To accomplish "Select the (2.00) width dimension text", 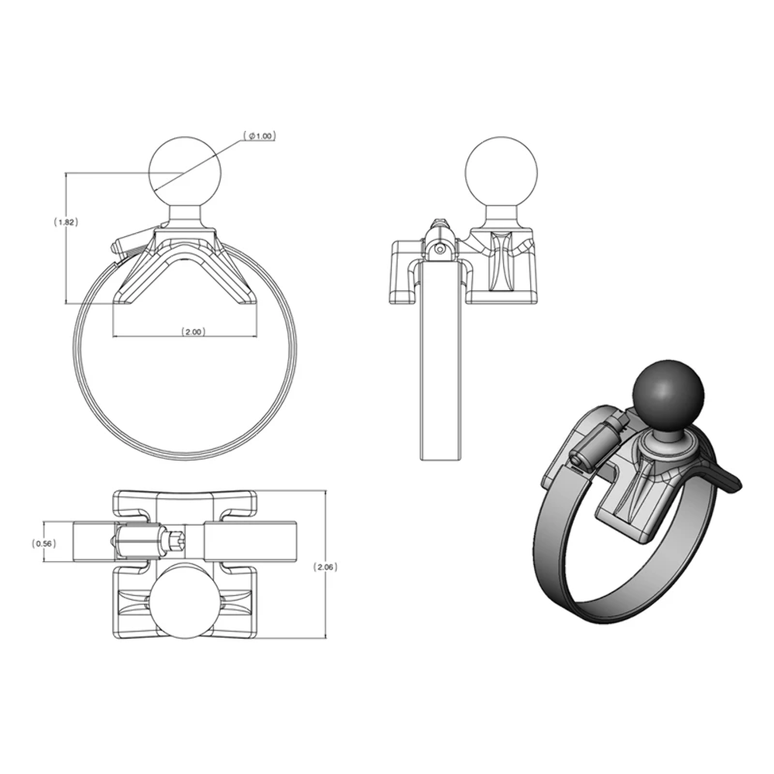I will pyautogui.click(x=193, y=331).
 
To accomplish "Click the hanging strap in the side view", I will pyautogui.click(x=442, y=364).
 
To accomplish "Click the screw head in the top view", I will pyautogui.click(x=173, y=540).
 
